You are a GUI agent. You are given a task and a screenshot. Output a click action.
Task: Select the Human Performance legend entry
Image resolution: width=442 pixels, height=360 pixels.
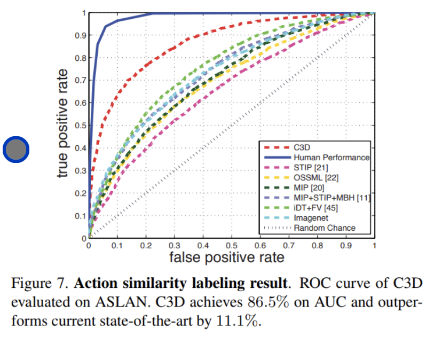coord(331,158)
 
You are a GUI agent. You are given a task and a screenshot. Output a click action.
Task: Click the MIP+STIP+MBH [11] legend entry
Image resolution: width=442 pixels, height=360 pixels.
coord(331,198)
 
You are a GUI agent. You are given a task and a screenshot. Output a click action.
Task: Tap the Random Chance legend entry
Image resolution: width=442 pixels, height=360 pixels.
coord(324,228)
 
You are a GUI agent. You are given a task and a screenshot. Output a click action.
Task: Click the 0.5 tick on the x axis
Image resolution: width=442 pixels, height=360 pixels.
coord(232,246)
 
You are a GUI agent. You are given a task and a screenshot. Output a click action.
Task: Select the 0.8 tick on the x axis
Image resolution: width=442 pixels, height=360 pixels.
coord(318,246)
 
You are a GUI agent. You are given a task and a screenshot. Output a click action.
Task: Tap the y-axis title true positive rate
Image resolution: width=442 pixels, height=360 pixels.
coord(64,123)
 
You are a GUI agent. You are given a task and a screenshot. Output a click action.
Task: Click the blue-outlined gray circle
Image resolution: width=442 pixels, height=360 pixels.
coord(15,150)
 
